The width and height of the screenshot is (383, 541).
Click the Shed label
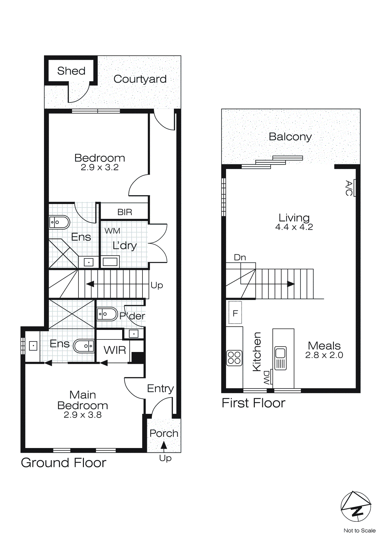pyautogui.click(x=71, y=71)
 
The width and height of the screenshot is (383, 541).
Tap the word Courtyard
pyautogui.click(x=140, y=79)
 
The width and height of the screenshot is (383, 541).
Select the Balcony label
pyautogui.click(x=290, y=137)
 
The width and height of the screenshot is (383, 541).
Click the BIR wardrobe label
pyautogui.click(x=125, y=212)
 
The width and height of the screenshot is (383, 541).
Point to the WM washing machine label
pyautogui.click(x=112, y=231)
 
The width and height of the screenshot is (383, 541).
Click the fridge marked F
pyautogui.click(x=235, y=313)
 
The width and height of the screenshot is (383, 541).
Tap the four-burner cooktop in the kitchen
pyautogui.click(x=234, y=358)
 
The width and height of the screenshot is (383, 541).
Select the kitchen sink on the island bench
pyautogui.click(x=280, y=358)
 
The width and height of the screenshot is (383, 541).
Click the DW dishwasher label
pyautogui.click(x=267, y=377)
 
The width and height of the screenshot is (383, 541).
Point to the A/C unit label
pyautogui.click(x=349, y=188)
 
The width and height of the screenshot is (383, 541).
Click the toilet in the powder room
pyautogui.click(x=107, y=314)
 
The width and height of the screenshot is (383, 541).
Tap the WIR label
pyautogui.click(x=115, y=350)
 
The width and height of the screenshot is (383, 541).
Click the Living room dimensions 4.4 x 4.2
pyautogui.click(x=294, y=227)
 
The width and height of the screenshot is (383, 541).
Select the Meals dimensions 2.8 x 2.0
pyautogui.click(x=324, y=355)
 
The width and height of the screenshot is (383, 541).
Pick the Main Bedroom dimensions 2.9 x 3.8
pyautogui.click(x=83, y=415)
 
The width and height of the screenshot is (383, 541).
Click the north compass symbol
pyautogui.click(x=356, y=507)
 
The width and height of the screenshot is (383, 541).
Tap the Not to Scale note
pyautogui.click(x=359, y=531)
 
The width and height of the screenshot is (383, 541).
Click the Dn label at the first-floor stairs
pyautogui.click(x=240, y=257)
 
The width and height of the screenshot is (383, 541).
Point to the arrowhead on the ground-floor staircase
pyautogui.click(x=90, y=284)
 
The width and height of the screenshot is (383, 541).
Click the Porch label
pyautogui.click(x=164, y=433)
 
